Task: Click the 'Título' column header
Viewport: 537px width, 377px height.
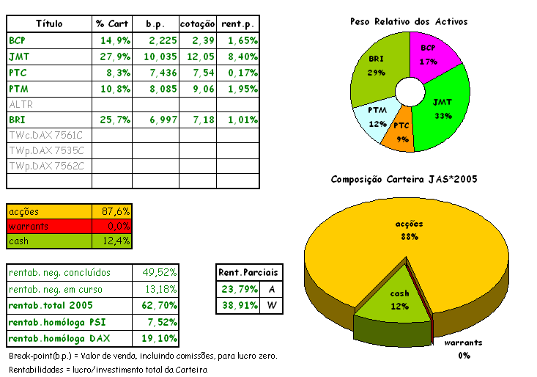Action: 49,23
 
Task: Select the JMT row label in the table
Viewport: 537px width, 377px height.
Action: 19,56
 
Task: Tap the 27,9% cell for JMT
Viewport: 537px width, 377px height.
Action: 113,56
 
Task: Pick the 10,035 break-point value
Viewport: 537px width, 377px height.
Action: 156,56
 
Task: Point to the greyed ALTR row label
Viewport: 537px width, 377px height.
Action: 21,104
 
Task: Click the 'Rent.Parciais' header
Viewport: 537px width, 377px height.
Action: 249,273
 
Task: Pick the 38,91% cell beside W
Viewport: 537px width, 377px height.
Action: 237,305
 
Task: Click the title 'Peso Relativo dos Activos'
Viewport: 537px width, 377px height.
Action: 409,22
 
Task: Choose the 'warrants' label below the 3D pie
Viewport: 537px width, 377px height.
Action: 464,343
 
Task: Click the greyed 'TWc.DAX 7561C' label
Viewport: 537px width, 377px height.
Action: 47,136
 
